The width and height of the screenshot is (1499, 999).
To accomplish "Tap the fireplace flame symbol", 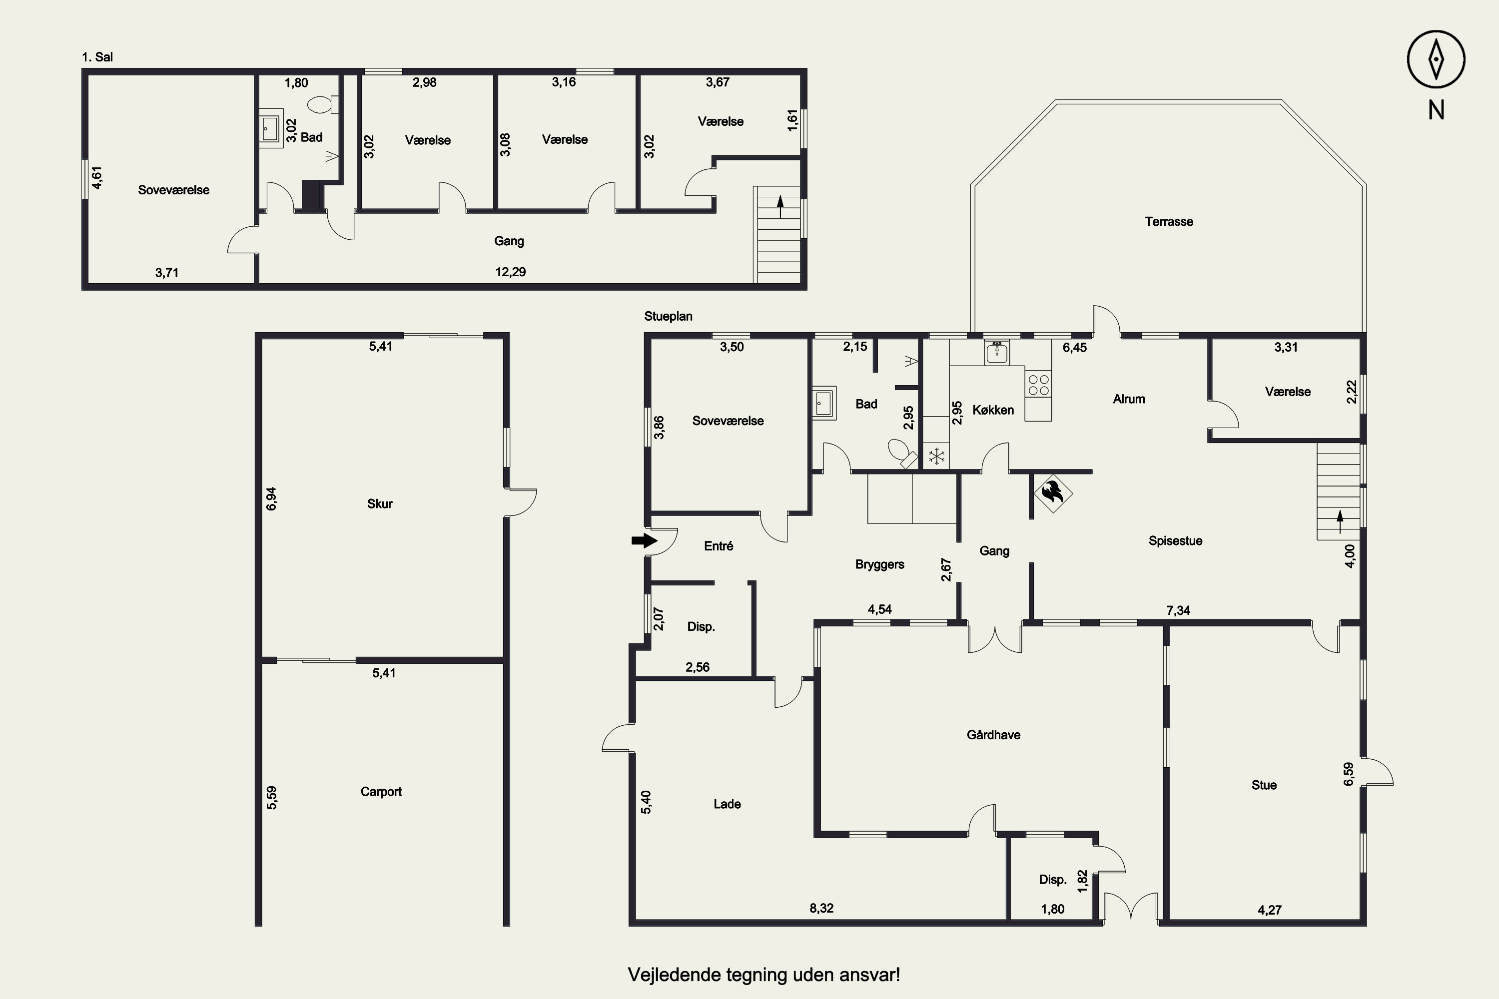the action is pyautogui.click(x=1052, y=493).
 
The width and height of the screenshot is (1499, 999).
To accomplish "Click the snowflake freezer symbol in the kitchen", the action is pyautogui.click(x=936, y=456).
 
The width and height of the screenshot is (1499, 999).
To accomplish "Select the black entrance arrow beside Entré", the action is pyautogui.click(x=645, y=541).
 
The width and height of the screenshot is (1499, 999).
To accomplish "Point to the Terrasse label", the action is pyautogui.click(x=1169, y=222).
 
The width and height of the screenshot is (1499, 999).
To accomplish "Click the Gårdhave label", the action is pyautogui.click(x=994, y=735).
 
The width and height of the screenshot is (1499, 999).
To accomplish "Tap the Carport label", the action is pyautogui.click(x=381, y=792).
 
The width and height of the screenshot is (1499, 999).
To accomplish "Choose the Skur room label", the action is pyautogui.click(x=380, y=504).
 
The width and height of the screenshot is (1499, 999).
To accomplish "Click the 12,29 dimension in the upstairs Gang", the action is pyautogui.click(x=511, y=272).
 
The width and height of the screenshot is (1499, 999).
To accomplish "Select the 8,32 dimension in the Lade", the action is pyautogui.click(x=821, y=909).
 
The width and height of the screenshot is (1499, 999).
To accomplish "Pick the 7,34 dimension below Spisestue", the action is pyautogui.click(x=1178, y=610).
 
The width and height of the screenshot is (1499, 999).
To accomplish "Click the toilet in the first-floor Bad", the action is pyautogui.click(x=324, y=104).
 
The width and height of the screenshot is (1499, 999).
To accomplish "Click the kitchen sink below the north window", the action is pyautogui.click(x=997, y=352).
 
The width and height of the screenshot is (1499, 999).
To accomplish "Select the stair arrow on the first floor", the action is pyautogui.click(x=780, y=207).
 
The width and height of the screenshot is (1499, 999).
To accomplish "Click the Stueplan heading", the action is pyautogui.click(x=668, y=316).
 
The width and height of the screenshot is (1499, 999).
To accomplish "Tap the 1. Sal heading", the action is pyautogui.click(x=97, y=57).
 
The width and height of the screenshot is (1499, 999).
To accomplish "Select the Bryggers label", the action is pyautogui.click(x=879, y=565).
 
